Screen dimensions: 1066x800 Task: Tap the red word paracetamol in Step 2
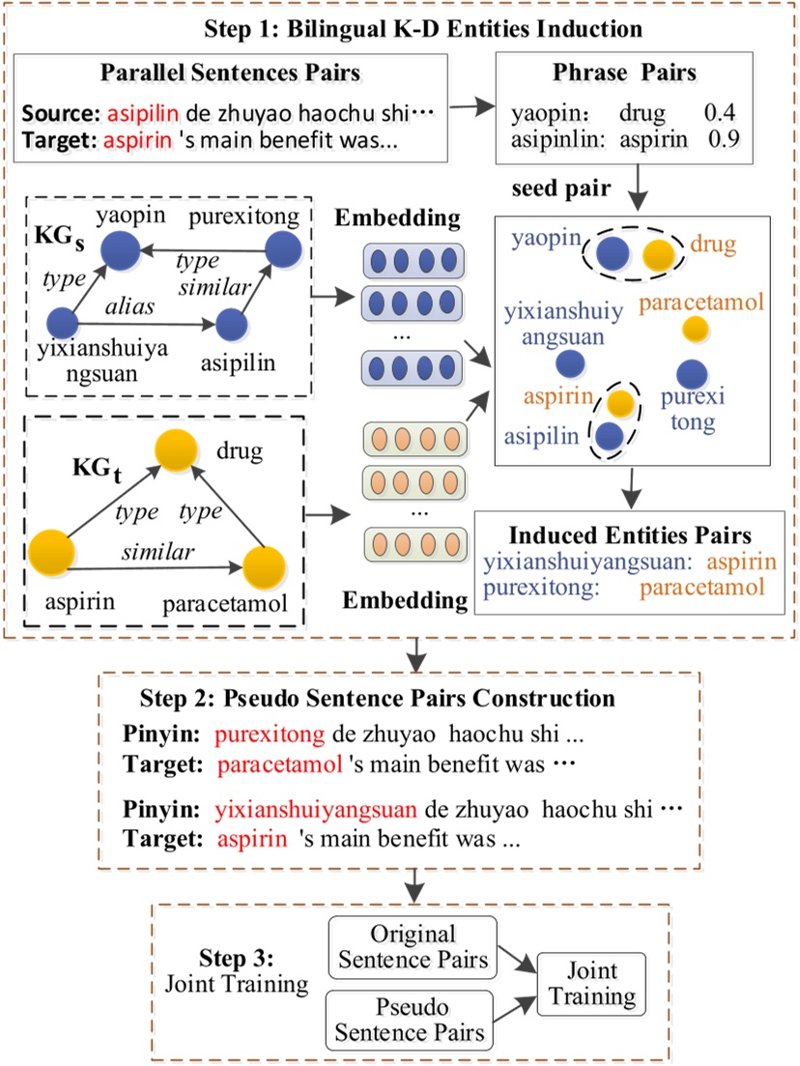pyautogui.click(x=281, y=765)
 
